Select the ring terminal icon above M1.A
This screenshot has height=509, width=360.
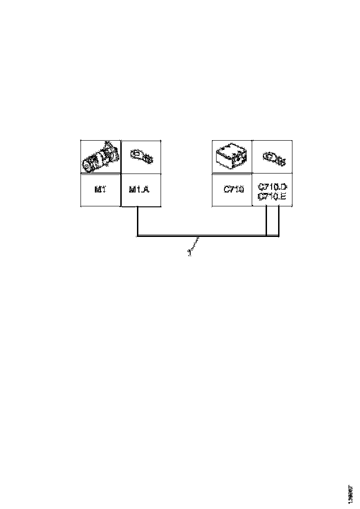[142, 156]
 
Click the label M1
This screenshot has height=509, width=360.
[100, 189]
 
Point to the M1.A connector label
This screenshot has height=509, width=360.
[139, 189]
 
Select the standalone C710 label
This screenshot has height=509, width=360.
[233, 189]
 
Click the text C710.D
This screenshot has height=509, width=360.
[273, 186]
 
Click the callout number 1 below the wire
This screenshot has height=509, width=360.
[189, 253]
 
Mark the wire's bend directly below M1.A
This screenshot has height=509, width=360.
[137, 236]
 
